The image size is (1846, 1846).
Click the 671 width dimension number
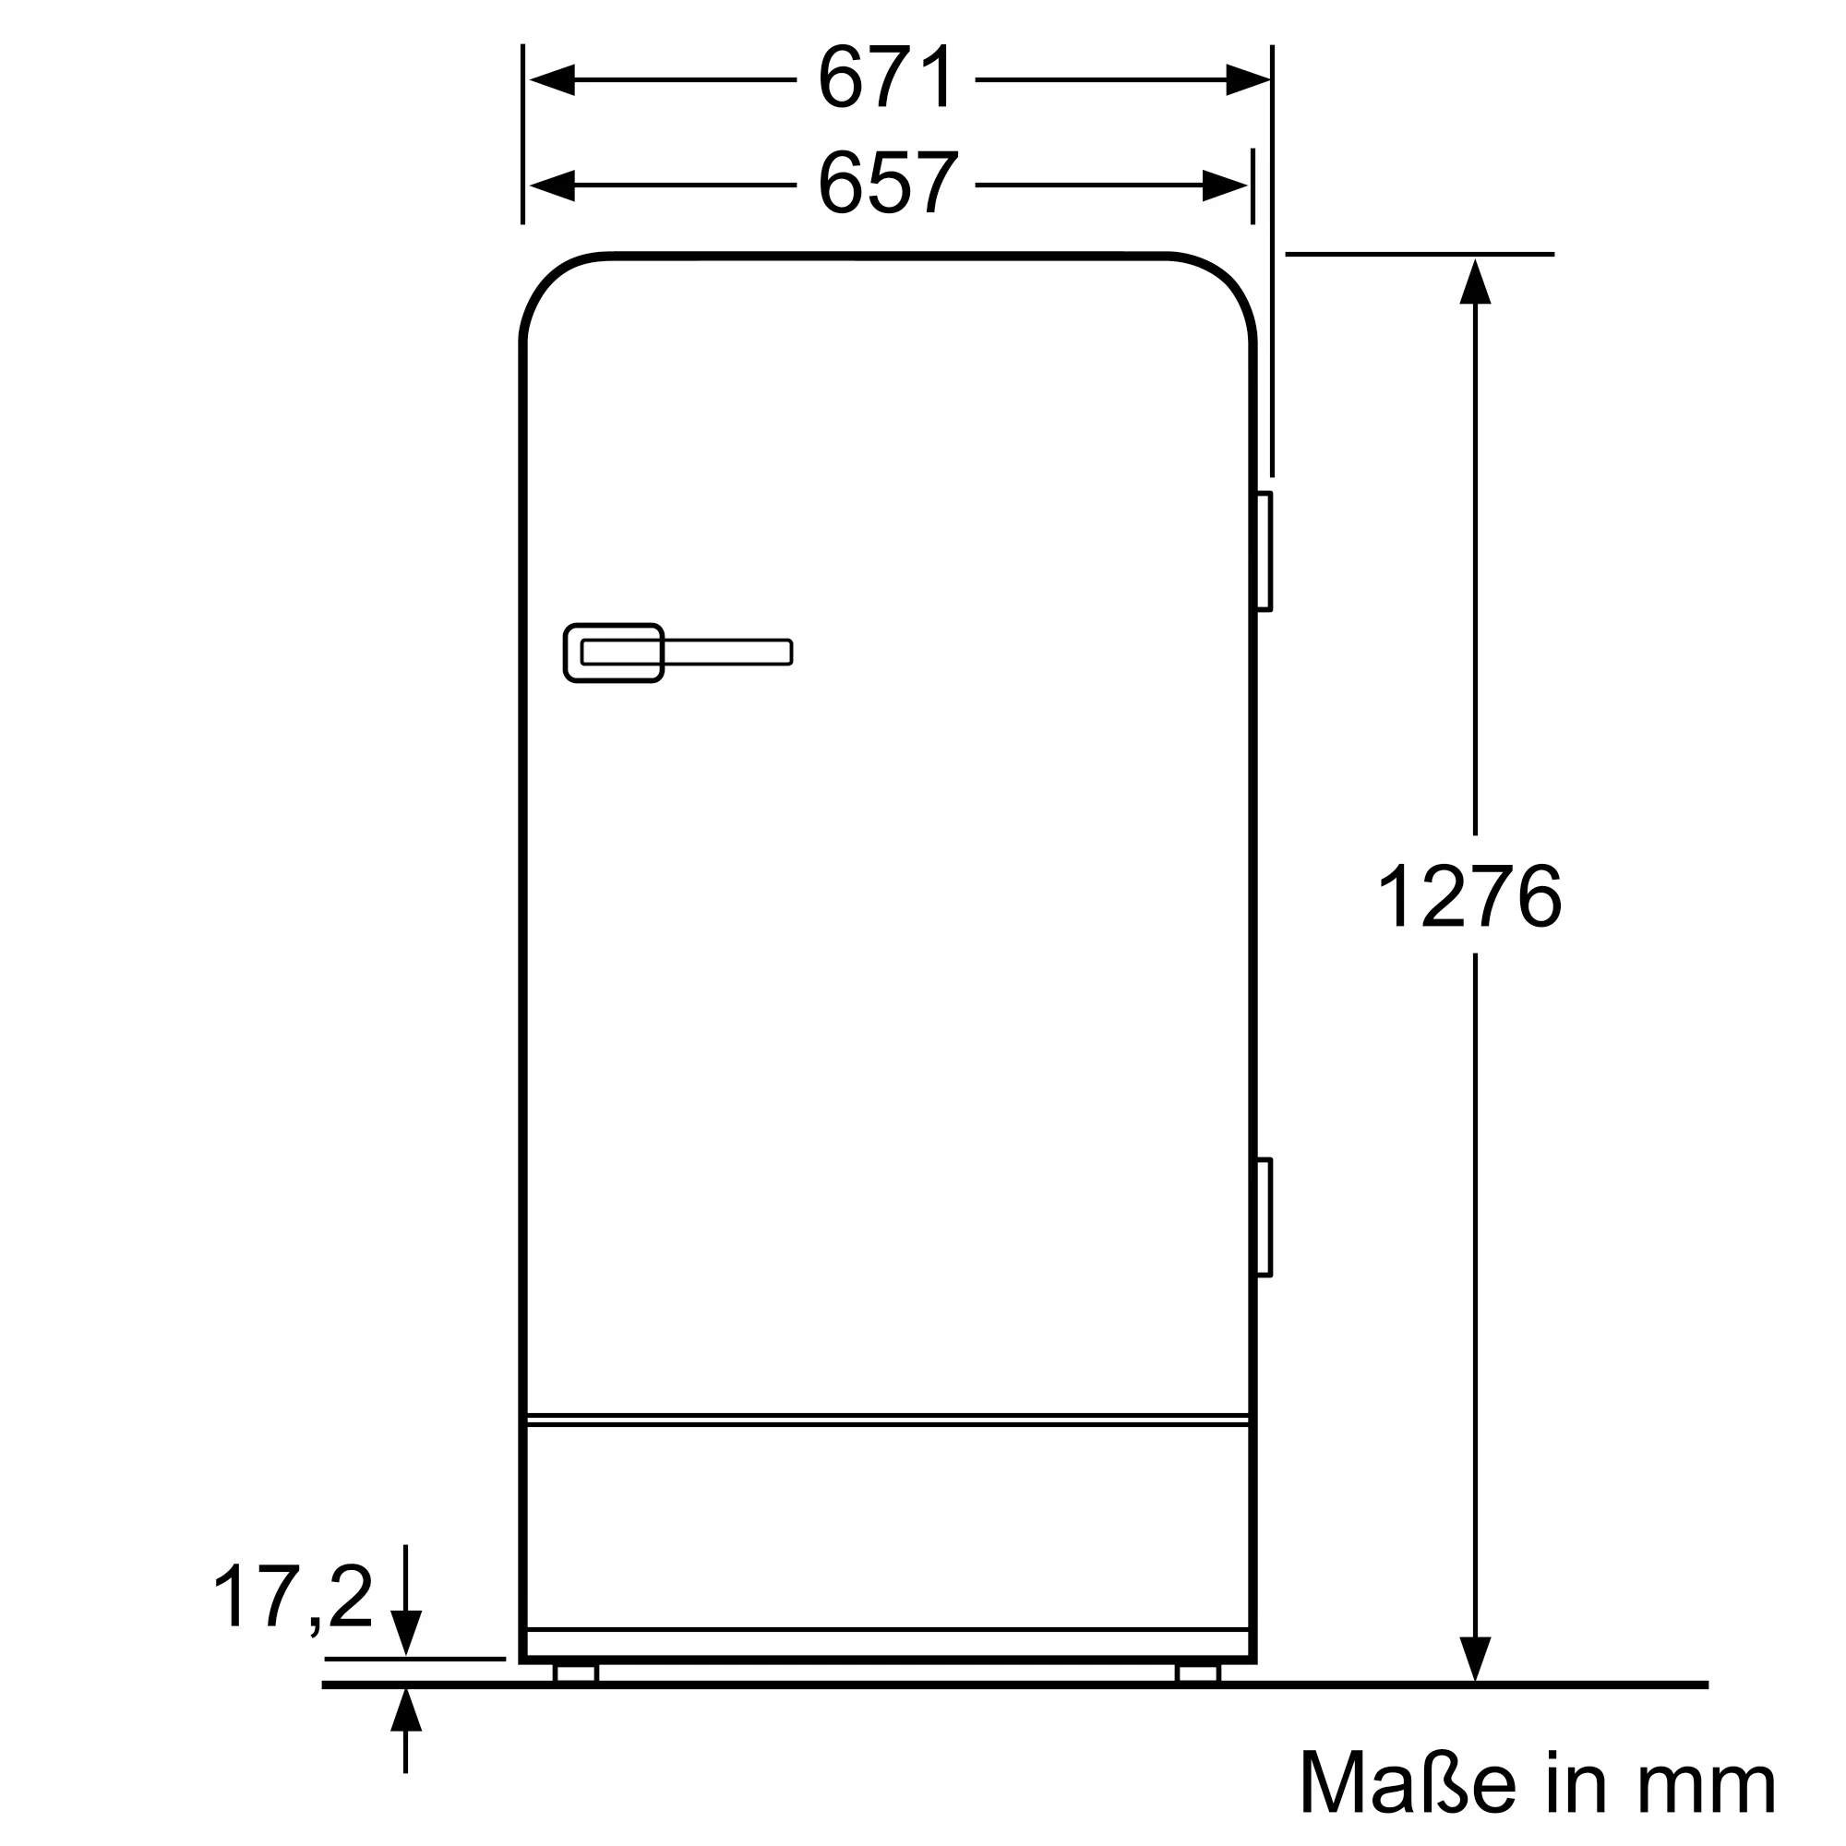pos(886,78)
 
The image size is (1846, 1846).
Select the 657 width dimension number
pos(888,184)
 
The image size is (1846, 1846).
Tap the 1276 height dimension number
pos(1469,895)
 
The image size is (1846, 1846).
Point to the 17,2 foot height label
pos(293,1598)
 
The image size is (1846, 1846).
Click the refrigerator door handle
pos(677,653)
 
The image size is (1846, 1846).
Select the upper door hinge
pos(1264,551)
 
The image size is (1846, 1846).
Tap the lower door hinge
pos(1264,1217)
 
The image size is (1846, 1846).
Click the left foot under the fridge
pos(575,1673)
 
